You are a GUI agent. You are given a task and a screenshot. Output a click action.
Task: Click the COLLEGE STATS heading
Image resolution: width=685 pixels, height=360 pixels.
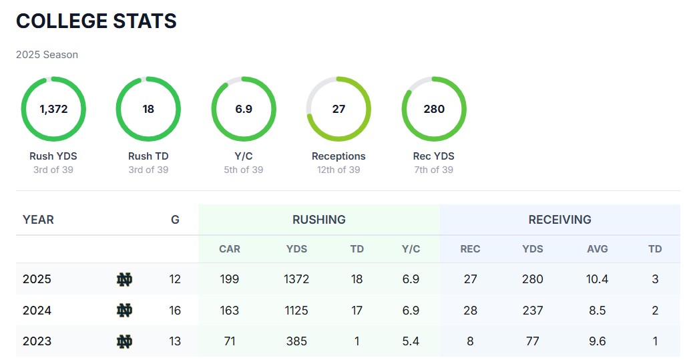click(96, 21)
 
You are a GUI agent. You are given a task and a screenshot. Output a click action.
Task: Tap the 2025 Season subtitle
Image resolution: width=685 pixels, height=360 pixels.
click(47, 55)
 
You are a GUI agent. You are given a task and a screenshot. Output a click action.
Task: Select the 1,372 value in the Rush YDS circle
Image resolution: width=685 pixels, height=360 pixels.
click(53, 109)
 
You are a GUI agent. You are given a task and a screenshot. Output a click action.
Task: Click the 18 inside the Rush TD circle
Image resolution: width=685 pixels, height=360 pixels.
click(148, 109)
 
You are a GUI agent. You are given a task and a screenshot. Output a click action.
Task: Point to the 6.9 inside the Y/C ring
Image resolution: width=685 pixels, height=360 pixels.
click(244, 109)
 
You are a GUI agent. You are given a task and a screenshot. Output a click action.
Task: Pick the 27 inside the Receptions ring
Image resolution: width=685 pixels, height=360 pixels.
click(338, 109)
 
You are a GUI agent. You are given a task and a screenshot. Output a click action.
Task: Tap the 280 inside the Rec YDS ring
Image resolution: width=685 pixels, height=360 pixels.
click(434, 109)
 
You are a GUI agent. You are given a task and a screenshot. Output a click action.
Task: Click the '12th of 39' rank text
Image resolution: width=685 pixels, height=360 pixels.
click(338, 170)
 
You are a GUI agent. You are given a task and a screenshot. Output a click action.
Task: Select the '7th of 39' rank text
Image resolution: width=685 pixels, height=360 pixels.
click(434, 170)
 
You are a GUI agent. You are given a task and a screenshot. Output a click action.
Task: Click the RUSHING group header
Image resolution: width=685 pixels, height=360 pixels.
click(319, 219)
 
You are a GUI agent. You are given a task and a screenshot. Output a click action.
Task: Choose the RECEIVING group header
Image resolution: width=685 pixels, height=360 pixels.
click(559, 219)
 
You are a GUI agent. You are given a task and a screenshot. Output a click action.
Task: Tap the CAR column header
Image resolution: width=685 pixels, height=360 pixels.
click(230, 249)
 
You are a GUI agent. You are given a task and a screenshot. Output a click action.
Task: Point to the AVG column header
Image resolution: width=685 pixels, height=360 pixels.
click(598, 249)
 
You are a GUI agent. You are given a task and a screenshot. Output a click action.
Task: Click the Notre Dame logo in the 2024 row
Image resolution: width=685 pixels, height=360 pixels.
click(124, 311)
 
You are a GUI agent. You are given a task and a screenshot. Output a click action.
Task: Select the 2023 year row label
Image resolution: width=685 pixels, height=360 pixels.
click(37, 341)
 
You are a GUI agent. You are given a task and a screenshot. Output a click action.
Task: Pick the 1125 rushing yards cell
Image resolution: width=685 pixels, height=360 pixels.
click(296, 311)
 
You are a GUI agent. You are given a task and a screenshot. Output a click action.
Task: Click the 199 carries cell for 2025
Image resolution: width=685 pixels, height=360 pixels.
click(230, 279)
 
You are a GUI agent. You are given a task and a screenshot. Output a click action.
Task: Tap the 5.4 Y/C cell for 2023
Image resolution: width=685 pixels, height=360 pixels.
click(411, 341)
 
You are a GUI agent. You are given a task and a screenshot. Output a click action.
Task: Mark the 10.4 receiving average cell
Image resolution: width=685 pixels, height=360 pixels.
click(597, 279)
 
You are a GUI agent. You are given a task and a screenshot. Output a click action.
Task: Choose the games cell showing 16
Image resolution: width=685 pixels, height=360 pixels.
click(175, 311)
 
